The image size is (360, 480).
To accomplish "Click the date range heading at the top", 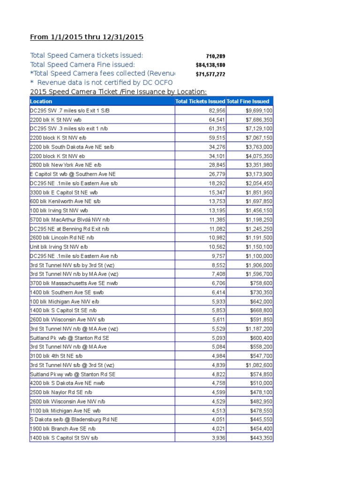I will (x=87, y=37).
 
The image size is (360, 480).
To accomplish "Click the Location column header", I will (x=41, y=101).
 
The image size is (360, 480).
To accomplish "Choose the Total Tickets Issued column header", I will (x=200, y=101).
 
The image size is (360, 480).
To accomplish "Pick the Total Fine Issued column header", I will (x=248, y=101).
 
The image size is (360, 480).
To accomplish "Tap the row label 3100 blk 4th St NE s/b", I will (x=56, y=356).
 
